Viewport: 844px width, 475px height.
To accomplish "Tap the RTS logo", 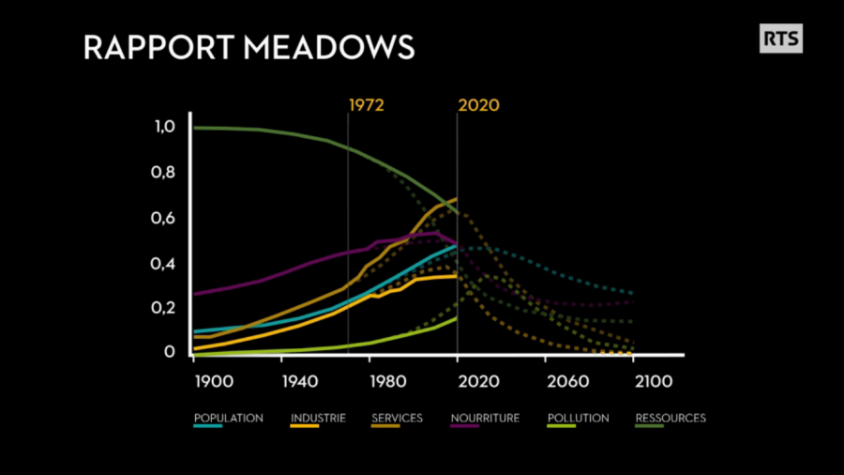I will coord(780,38).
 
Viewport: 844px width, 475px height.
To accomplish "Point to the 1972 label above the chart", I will coord(367,104).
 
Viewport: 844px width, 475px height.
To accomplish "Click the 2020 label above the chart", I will coord(478,104).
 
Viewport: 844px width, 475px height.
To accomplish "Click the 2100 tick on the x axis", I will coord(654,381).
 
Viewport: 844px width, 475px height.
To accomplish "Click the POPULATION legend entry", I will coord(228,419).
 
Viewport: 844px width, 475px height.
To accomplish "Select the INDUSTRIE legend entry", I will coord(318,419).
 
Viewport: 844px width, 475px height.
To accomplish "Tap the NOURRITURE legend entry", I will coord(484,419).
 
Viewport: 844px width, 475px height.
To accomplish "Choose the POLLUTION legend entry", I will coord(578,419).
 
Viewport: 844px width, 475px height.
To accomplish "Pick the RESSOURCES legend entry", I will coord(671,419).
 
